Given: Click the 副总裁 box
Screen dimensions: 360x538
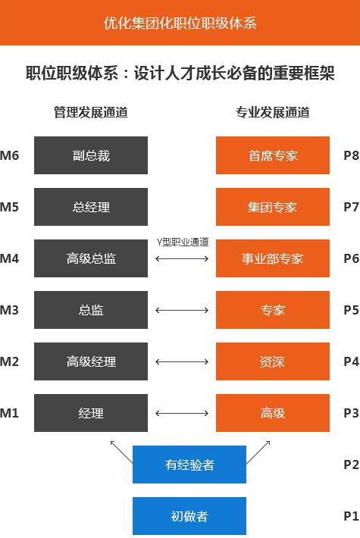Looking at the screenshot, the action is [91, 155].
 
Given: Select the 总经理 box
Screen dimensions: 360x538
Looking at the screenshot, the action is [91, 207].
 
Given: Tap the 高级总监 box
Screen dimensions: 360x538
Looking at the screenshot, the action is [91, 258].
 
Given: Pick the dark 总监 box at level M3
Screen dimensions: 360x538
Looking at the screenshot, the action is [91, 310].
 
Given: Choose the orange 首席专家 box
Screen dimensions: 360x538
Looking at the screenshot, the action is [273, 155].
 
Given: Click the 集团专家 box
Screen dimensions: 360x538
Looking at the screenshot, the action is [273, 207].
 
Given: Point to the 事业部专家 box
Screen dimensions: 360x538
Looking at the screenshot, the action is [273, 258].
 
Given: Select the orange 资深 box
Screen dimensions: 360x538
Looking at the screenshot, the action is [273, 361].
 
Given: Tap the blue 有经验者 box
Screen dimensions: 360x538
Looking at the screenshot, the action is [189, 464].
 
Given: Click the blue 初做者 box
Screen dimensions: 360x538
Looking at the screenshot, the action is [189, 516].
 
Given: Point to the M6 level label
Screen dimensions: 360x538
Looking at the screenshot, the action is [9, 156].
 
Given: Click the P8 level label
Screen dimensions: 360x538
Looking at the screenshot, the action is [352, 156].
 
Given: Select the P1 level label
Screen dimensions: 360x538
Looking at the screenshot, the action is [352, 516].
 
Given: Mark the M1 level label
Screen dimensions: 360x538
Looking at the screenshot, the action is [9, 413].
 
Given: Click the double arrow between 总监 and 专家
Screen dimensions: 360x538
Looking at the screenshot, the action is [182, 310].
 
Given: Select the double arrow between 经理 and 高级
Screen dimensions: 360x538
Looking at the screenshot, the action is [182, 413].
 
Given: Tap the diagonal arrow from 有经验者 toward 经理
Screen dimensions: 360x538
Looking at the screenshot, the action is [121, 452].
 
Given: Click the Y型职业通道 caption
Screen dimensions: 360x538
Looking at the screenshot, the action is [183, 242].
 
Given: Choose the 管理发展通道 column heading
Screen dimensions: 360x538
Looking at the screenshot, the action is [91, 113].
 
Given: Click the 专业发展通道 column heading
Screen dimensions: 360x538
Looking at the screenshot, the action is [273, 113].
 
